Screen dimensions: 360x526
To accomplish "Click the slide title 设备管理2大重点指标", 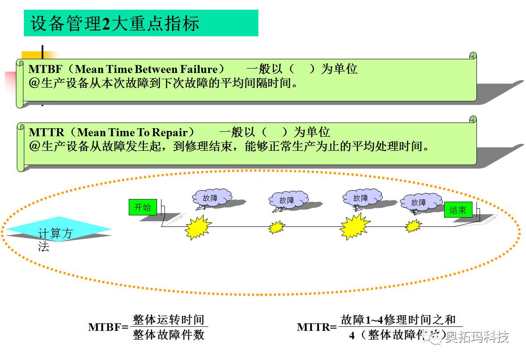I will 115,23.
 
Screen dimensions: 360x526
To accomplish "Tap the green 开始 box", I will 142,207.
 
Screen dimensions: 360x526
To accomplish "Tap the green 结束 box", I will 457,210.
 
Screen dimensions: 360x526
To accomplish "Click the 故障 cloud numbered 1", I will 211,197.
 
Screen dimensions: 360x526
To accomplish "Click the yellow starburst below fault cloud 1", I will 198,228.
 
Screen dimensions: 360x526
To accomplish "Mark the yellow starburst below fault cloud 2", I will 277,227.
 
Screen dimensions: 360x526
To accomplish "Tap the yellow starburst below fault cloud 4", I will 413,226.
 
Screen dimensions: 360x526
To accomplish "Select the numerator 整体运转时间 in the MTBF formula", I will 169,320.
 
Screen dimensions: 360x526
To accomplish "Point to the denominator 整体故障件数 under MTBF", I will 169,335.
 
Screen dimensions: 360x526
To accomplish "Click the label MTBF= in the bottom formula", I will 108,327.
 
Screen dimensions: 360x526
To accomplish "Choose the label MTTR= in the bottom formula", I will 317,327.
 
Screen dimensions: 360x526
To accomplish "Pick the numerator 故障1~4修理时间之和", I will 398,320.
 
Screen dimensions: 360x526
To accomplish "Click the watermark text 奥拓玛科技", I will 477,337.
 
